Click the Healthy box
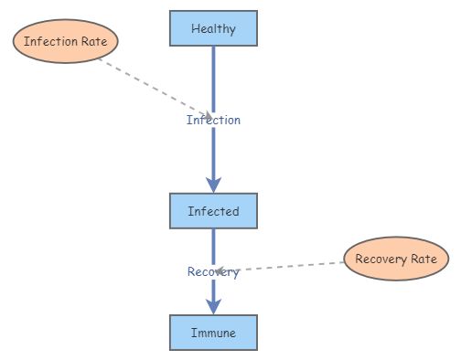coord(213,28)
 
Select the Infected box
coord(213,211)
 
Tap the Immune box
coord(213,334)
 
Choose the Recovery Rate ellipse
coord(396,259)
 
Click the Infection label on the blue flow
coord(213,120)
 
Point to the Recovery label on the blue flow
coord(213,271)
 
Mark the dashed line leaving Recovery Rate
coord(293,266)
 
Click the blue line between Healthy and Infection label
coord(213,78)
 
